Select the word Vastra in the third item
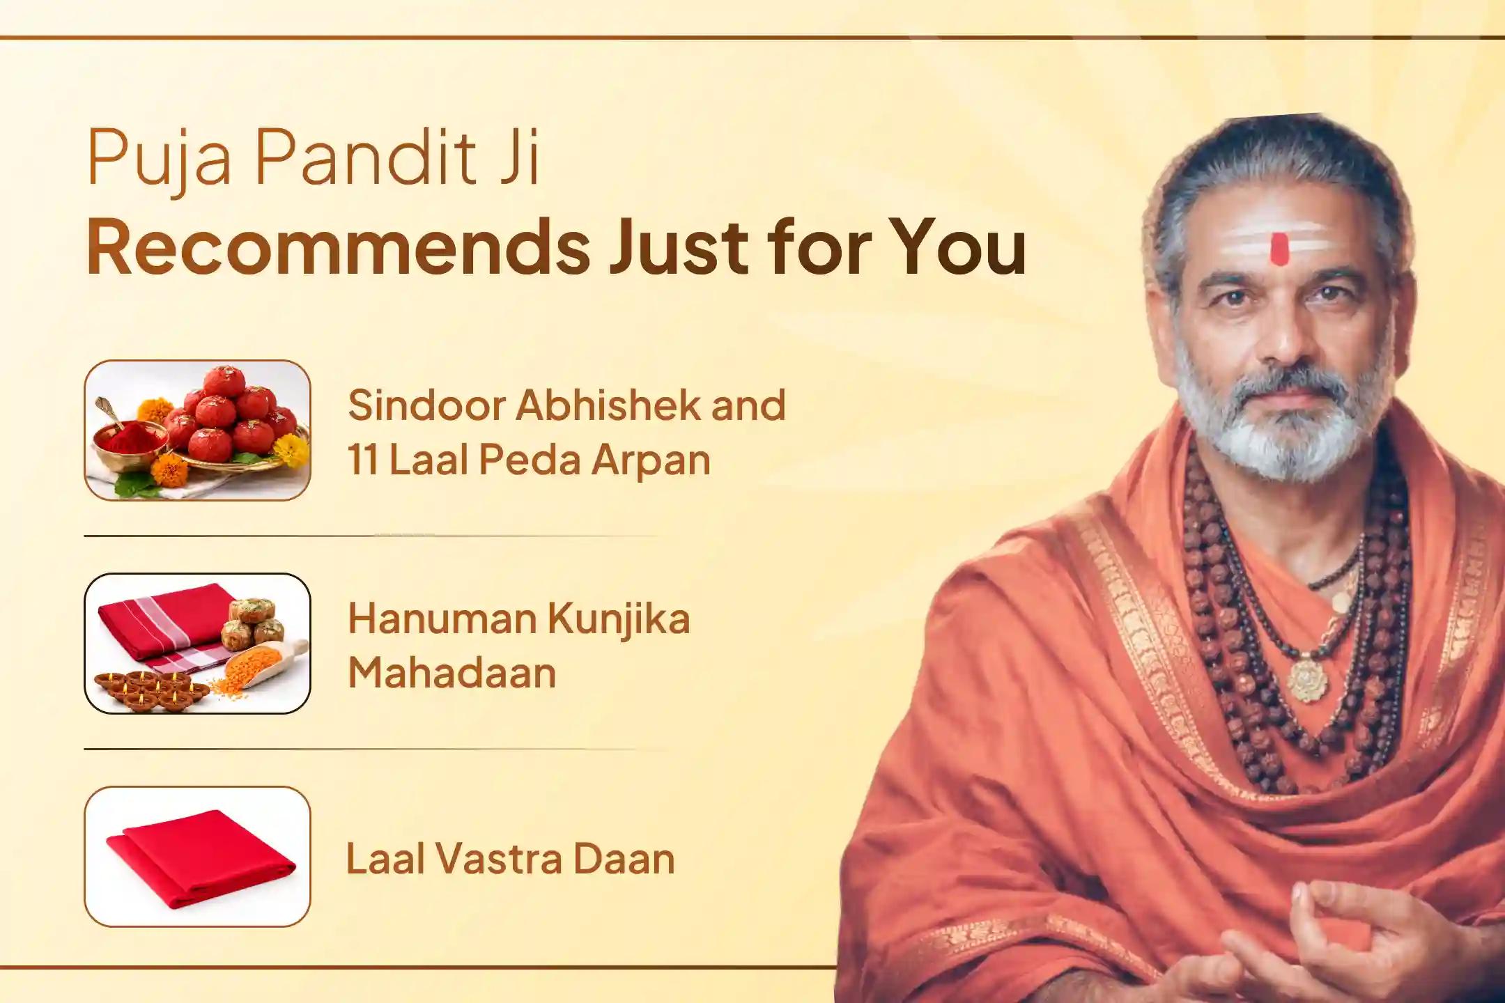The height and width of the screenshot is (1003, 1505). [x=500, y=859]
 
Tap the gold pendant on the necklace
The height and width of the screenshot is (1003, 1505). [x=1307, y=679]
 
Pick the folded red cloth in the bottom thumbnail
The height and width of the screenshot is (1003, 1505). [x=199, y=859]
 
